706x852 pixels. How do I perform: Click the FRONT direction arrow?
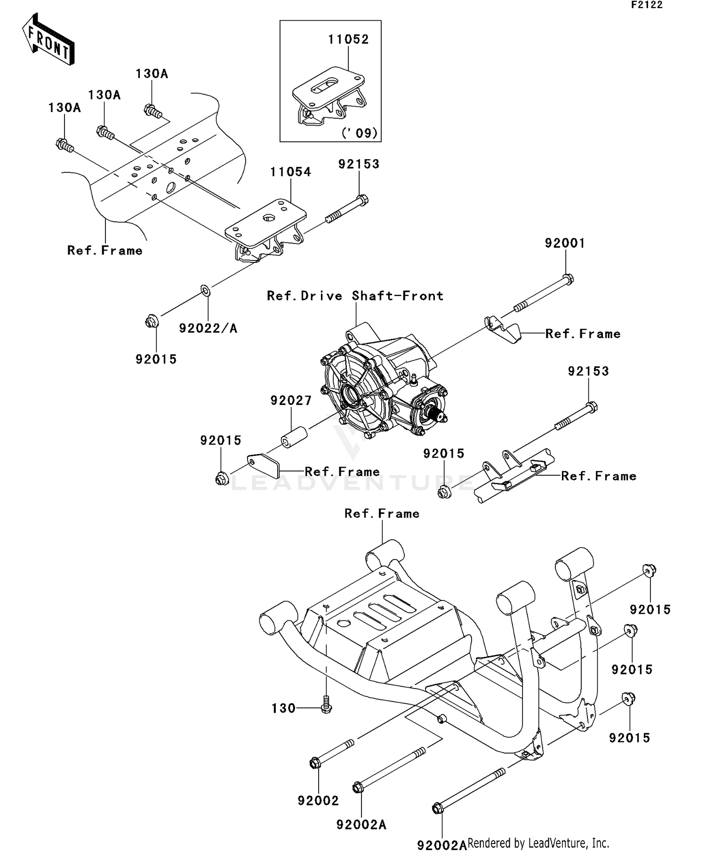[48, 40]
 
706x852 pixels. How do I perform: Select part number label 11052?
[348, 40]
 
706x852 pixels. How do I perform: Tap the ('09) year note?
[360, 133]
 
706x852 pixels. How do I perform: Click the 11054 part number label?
[290, 172]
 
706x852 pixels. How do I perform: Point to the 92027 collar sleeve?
[294, 437]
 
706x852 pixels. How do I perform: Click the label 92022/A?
[208, 328]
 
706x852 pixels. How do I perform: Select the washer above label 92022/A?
[206, 291]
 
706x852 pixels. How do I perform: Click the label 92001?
[565, 243]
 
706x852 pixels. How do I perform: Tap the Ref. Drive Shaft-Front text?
[355, 296]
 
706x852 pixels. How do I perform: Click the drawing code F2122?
[647, 5]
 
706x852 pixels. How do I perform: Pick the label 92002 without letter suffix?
[318, 801]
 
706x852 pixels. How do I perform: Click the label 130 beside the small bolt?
[283, 708]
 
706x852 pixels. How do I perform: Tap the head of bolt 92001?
[568, 279]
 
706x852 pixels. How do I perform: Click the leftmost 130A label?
[64, 108]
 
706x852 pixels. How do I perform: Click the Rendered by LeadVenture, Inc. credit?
[538, 843]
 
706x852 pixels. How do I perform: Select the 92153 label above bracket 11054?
[359, 164]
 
